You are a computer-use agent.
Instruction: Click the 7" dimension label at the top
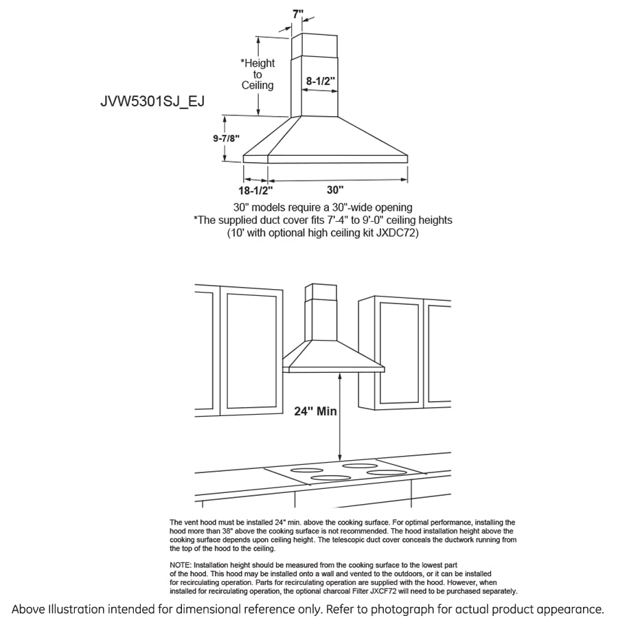pyautogui.click(x=297, y=13)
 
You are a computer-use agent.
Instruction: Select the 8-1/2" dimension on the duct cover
pyautogui.click(x=321, y=80)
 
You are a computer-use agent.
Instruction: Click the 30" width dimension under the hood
pyautogui.click(x=335, y=189)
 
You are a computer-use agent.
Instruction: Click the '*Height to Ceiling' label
pyautogui.click(x=257, y=74)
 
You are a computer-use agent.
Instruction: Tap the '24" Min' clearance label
pyautogui.click(x=315, y=411)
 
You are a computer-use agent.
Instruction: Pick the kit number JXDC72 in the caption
pyautogui.click(x=397, y=233)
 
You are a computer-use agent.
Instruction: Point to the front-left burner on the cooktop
pyautogui.click(x=330, y=477)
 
